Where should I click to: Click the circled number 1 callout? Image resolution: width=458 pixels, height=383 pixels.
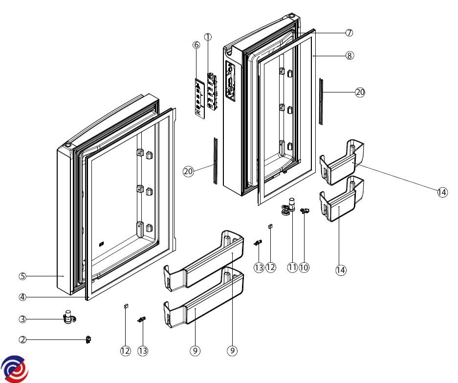[208, 37]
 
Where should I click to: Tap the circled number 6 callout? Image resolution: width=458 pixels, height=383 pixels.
[196, 45]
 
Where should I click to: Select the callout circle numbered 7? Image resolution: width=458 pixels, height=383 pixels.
[349, 33]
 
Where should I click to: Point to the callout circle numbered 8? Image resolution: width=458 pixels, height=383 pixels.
[349, 56]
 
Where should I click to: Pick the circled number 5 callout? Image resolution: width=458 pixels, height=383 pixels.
[22, 276]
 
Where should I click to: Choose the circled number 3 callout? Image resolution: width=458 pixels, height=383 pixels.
[22, 319]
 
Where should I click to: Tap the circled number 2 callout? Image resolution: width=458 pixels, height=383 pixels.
[22, 339]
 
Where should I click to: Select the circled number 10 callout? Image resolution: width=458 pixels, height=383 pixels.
[304, 267]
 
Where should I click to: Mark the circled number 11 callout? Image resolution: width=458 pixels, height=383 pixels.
[292, 267]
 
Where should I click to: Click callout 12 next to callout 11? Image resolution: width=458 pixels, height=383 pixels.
[270, 267]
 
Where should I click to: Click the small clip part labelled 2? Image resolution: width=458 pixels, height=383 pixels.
[88, 339]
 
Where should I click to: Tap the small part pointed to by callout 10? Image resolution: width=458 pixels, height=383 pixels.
[305, 210]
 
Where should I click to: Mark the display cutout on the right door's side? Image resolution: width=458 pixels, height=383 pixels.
[229, 81]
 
